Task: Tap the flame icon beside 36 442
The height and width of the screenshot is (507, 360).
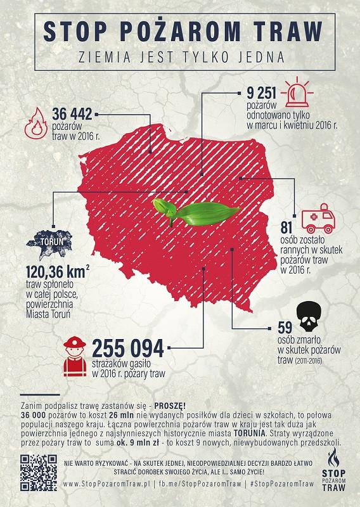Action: [x=35, y=123]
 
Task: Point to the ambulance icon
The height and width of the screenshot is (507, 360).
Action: [x=318, y=219]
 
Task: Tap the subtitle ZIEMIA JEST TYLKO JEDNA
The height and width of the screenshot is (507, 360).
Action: [x=180, y=56]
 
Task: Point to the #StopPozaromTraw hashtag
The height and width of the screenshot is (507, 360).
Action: [x=282, y=484]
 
